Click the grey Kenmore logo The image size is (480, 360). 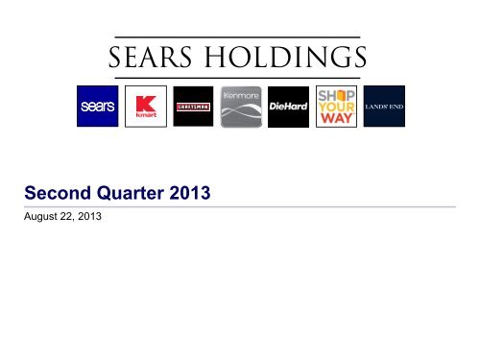[x=240, y=107]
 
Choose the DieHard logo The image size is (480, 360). [x=287, y=107]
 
